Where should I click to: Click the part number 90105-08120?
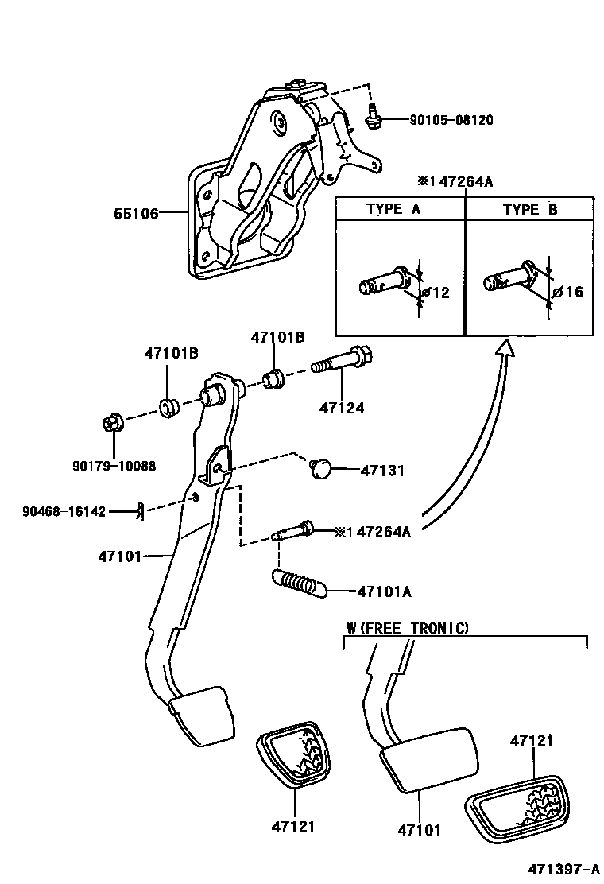451,121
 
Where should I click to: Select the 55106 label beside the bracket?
137,213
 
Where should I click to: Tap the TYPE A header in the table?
394,209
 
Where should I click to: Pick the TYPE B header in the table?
530,209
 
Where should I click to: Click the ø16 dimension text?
568,292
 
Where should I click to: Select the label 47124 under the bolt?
342,409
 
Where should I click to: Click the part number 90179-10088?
109,466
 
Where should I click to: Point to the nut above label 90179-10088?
111,423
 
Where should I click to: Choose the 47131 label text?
382,471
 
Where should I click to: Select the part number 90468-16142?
64,511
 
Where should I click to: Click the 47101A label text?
385,591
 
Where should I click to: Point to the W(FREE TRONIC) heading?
407,628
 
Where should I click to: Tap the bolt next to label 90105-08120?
373,117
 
